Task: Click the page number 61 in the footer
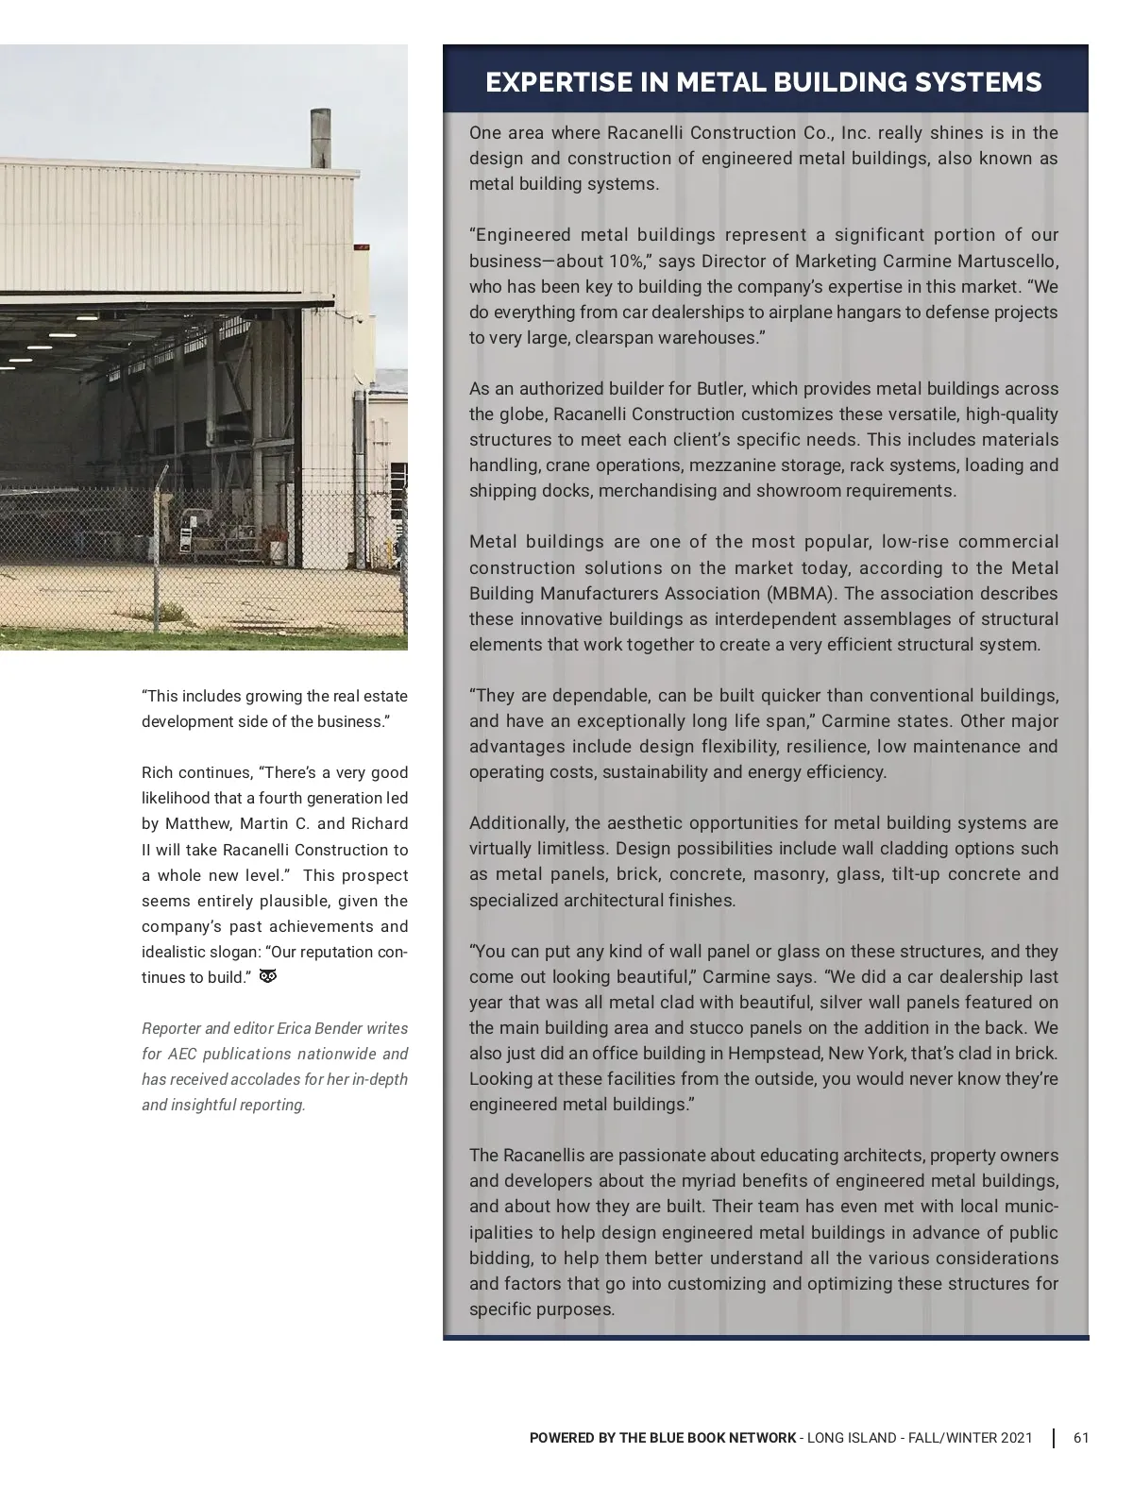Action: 1081,1438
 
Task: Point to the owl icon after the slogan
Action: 267,976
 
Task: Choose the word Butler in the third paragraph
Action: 721,389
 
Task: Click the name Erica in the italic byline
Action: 294,1028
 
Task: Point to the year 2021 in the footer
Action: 1015,1438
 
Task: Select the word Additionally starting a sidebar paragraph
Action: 516,823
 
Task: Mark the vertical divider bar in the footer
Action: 1054,1438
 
